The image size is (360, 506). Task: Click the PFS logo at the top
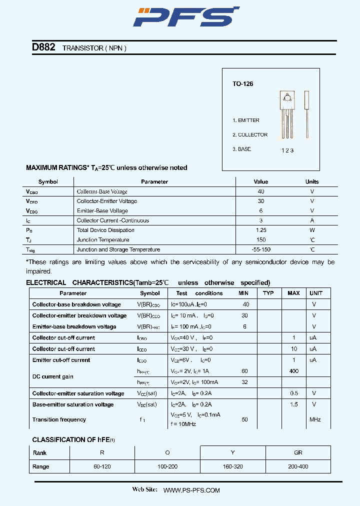click(186, 17)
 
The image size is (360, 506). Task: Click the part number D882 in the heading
click(43, 47)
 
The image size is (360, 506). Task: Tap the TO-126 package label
click(242, 84)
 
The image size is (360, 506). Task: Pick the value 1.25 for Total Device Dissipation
click(260, 230)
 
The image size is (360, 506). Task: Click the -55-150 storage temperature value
click(260, 249)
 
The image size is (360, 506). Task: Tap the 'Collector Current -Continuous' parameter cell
click(112, 220)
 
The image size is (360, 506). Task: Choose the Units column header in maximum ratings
click(312, 182)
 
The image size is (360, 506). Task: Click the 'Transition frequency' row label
click(59, 419)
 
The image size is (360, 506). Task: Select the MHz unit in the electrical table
click(315, 419)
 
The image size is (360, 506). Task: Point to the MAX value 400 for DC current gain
click(294, 371)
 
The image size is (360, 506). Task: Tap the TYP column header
click(268, 293)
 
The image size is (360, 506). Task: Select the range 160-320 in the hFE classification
click(232, 466)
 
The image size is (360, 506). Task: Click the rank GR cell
click(298, 452)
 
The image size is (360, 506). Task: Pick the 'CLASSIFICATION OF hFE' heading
click(73, 440)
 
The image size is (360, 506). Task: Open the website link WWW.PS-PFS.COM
click(191, 490)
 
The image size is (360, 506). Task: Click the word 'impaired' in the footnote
click(38, 271)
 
